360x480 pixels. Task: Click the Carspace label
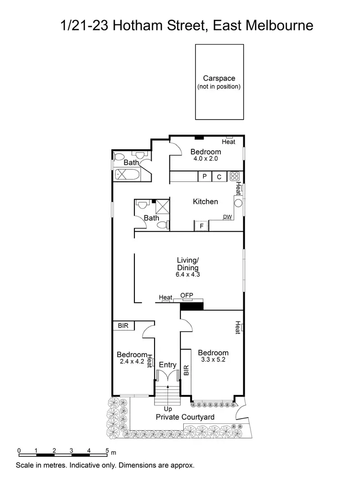pyautogui.click(x=218, y=78)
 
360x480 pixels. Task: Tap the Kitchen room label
pyautogui.click(x=205, y=202)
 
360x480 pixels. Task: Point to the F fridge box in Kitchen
pyautogui.click(x=202, y=225)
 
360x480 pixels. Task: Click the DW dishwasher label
pyautogui.click(x=227, y=217)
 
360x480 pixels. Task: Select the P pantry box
pyautogui.click(x=204, y=177)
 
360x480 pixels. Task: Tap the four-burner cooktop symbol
pyautogui.click(x=234, y=176)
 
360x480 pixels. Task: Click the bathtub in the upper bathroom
pyautogui.click(x=126, y=174)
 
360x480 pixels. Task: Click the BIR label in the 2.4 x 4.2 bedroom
pyautogui.click(x=123, y=325)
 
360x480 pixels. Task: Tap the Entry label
pyautogui.click(x=168, y=365)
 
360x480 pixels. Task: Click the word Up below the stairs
pyautogui.click(x=168, y=409)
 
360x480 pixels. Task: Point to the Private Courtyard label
pyautogui.click(x=185, y=417)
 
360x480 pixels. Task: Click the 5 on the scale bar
pyautogui.click(x=107, y=450)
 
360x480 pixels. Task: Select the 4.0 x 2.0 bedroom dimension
pyautogui.click(x=205, y=158)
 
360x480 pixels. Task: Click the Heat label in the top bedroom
pyautogui.click(x=228, y=142)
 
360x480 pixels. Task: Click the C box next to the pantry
pyautogui.click(x=219, y=177)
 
